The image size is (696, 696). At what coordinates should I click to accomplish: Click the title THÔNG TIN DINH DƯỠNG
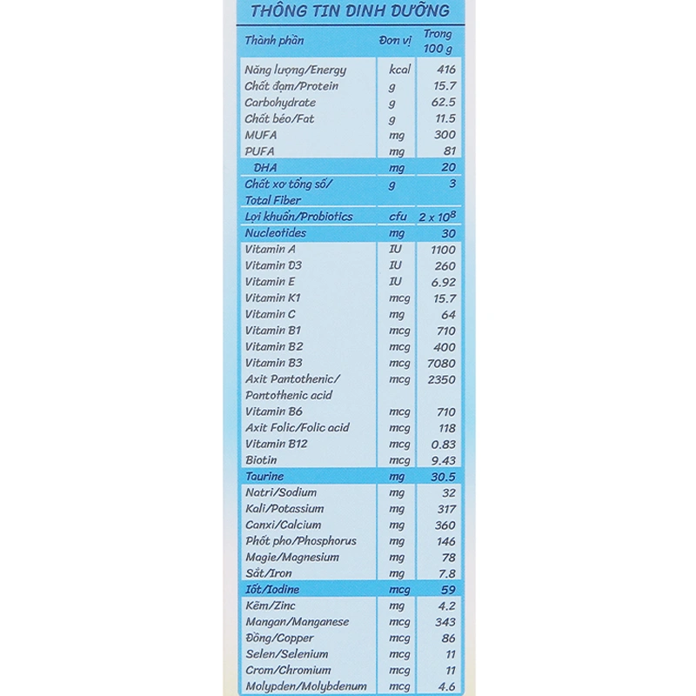(x=350, y=11)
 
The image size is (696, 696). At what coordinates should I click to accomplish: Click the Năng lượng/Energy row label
(x=295, y=70)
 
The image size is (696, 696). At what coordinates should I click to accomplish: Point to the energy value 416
(x=445, y=70)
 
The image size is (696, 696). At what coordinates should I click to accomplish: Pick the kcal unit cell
(x=399, y=70)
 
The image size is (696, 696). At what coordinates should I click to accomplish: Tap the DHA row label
(x=264, y=167)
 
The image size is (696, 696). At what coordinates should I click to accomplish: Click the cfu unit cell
(x=397, y=217)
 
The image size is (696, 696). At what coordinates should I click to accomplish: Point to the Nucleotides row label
(x=275, y=233)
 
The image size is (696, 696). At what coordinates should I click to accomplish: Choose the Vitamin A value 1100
(x=443, y=250)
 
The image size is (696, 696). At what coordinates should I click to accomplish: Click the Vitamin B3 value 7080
(x=442, y=363)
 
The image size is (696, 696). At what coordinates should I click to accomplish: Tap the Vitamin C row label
(x=270, y=314)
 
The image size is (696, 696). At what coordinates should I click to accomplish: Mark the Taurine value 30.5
(x=444, y=477)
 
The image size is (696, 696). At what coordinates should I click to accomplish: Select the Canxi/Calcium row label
(x=283, y=525)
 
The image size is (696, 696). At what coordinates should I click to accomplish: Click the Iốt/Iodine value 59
(x=448, y=590)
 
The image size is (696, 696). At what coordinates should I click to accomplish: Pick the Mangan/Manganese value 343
(x=445, y=622)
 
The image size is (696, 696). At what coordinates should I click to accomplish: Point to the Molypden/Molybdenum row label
(x=305, y=686)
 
